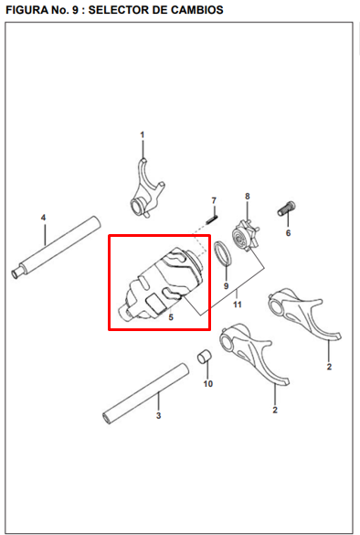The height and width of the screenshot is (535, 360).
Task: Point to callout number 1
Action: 143,135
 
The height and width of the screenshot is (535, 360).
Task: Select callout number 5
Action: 170,316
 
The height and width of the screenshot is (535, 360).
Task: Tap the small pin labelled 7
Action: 211,217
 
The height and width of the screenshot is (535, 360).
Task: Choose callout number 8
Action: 247,196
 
